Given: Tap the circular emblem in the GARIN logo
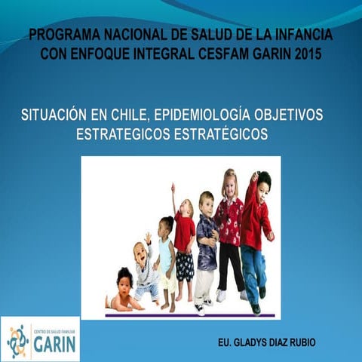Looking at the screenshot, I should click(17, 341).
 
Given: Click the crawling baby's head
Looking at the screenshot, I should click(125, 280).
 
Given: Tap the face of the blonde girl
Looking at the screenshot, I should click(229, 185).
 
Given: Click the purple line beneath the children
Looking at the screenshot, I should click(189, 314).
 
